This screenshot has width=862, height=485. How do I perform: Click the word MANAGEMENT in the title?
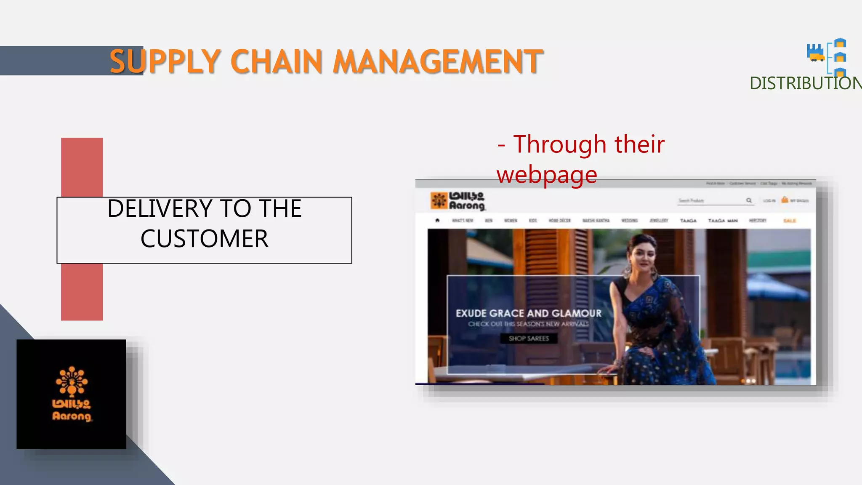tap(438, 61)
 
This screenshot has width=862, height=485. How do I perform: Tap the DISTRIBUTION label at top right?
tap(805, 83)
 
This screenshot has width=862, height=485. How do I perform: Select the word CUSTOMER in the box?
tap(204, 239)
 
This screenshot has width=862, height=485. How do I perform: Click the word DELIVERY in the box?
tap(160, 208)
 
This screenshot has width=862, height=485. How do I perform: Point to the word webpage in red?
tap(547, 174)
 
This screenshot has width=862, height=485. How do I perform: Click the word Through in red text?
tap(560, 144)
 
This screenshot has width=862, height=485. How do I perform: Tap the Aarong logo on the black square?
tap(72, 393)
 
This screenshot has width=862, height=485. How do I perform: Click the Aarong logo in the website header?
tap(458, 201)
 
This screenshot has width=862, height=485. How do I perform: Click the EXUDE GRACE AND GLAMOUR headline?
tap(528, 313)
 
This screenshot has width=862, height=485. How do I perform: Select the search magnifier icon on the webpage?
tap(749, 200)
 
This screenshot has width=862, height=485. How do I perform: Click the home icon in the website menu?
tap(437, 220)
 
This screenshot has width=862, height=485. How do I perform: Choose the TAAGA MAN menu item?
tap(723, 221)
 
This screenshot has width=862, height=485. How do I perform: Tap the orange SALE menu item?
tap(789, 221)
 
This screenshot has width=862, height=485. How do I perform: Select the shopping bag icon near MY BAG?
tap(785, 200)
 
